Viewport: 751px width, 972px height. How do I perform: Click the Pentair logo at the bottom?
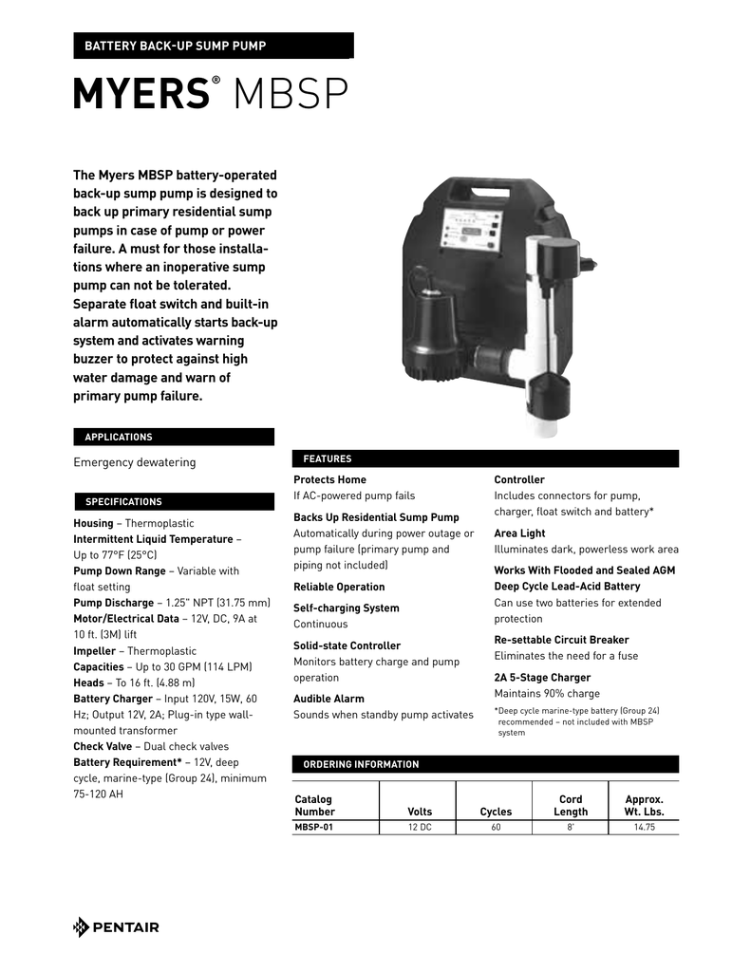click(116, 927)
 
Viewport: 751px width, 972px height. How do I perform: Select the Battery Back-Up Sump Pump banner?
click(213, 46)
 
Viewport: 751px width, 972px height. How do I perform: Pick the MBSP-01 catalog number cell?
click(314, 827)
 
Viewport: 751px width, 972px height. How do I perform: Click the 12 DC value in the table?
click(419, 827)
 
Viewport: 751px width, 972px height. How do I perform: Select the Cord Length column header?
click(571, 805)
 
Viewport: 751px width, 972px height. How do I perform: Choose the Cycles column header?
click(496, 812)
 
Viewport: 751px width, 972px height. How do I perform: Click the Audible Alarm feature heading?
click(329, 699)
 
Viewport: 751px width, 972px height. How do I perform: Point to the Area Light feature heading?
click(519, 533)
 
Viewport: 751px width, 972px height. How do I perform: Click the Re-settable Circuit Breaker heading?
click(561, 640)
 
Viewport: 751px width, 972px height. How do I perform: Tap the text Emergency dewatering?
click(135, 462)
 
